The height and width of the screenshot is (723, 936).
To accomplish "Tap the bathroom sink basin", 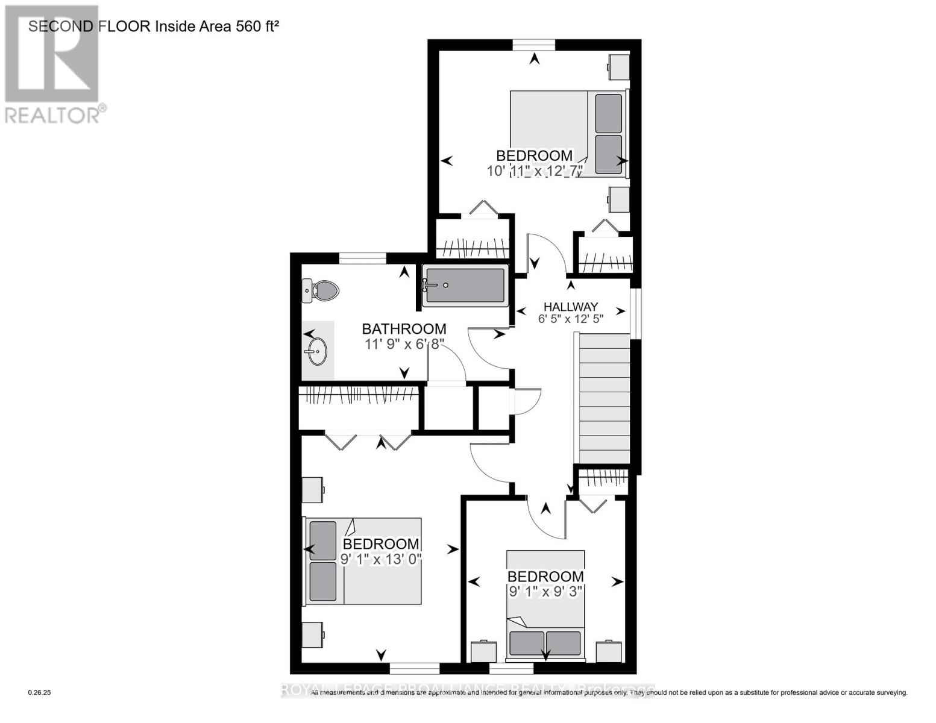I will pyautogui.click(x=316, y=351).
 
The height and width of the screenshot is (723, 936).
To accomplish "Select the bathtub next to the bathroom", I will pyautogui.click(x=465, y=286).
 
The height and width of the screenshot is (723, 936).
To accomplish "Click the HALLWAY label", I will pyautogui.click(x=570, y=306).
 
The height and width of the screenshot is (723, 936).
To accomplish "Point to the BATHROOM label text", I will pyautogui.click(x=404, y=329).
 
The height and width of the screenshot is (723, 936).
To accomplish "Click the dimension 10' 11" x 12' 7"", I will pyautogui.click(x=535, y=171).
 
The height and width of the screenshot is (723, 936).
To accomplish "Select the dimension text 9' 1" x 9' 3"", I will pyautogui.click(x=545, y=592).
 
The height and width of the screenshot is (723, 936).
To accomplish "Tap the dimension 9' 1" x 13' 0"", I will pyautogui.click(x=380, y=559).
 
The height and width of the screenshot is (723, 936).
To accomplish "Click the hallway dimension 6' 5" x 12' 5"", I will pyautogui.click(x=570, y=319).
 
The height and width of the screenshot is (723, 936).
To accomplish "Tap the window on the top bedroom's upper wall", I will pyautogui.click(x=533, y=45).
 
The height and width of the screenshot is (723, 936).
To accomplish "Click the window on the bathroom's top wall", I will pyautogui.click(x=362, y=258).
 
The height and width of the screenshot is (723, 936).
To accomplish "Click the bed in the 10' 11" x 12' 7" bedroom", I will pyautogui.click(x=568, y=133).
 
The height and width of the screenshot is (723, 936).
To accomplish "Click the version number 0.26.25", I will pyautogui.click(x=40, y=693).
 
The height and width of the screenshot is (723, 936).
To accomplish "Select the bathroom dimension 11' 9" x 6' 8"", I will pyautogui.click(x=404, y=344).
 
